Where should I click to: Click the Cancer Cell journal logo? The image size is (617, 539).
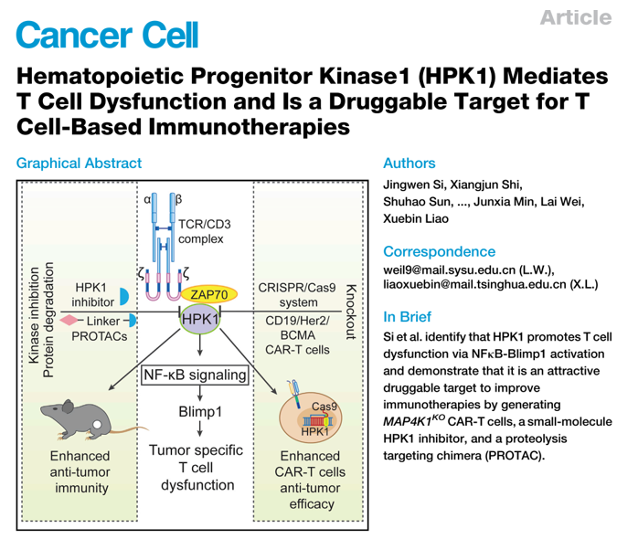pyautogui.click(x=107, y=34)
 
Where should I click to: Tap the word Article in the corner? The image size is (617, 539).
pyautogui.click(x=574, y=17)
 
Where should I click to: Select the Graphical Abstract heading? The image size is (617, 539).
pyautogui.click(x=79, y=164)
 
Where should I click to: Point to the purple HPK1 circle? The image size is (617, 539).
pyautogui.click(x=201, y=320)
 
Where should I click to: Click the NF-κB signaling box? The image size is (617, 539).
pyautogui.click(x=196, y=375)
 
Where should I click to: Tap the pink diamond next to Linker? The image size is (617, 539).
pyautogui.click(x=67, y=321)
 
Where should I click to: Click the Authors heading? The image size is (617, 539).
pyautogui.click(x=410, y=164)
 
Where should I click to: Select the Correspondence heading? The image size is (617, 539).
pyautogui.click(x=440, y=251)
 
